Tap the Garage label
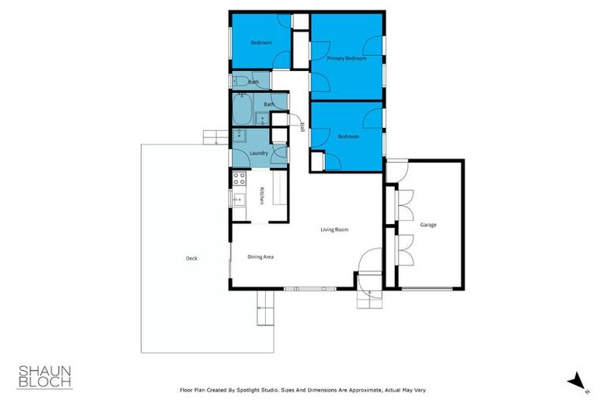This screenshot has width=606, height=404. [428, 225]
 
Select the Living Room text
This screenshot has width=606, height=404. [334, 230]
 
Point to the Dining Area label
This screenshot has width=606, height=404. [260, 256]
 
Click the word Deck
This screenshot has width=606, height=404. [191, 258]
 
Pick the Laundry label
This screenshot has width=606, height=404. [259, 152]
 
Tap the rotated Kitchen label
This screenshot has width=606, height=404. [261, 195]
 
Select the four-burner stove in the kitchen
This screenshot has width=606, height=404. [238, 181]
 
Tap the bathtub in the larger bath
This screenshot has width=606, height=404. [241, 108]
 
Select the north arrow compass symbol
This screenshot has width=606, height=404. [580, 380]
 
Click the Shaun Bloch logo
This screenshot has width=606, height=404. [45, 376]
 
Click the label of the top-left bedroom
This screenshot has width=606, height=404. [261, 43]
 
